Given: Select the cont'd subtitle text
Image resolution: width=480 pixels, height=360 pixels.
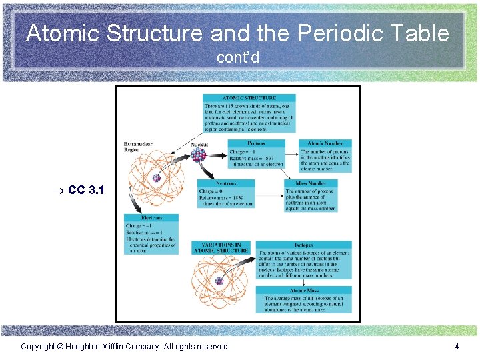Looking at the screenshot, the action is [238, 58].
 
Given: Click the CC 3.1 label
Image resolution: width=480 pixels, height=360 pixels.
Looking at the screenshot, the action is [86, 190].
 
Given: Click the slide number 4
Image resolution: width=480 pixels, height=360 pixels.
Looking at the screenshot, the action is [457, 346].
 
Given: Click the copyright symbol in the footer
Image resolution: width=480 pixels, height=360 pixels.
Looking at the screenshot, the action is [59, 347].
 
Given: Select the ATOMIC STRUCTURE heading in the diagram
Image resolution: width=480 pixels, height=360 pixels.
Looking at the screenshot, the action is [249, 97].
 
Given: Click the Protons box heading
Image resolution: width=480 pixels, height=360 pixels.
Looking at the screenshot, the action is [256, 143].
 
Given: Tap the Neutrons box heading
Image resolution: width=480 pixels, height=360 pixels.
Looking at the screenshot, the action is [226, 183].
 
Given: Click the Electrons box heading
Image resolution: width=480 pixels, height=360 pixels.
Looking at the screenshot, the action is [151, 217].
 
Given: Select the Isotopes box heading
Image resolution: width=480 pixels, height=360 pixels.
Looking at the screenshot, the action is [303, 245].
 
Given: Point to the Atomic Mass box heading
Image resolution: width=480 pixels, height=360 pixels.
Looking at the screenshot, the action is [303, 291].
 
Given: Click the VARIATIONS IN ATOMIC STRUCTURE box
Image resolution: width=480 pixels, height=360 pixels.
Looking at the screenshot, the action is [220, 247].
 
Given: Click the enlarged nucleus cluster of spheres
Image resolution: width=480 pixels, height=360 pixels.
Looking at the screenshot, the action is [199, 155].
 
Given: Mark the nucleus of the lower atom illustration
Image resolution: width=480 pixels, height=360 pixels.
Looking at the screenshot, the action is [219, 281].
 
